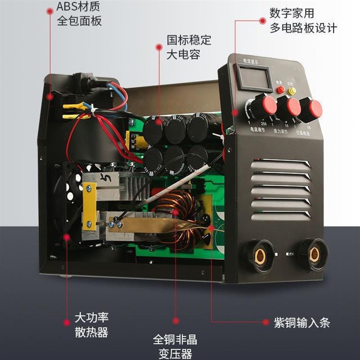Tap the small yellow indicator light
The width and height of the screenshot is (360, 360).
click(x=292, y=91)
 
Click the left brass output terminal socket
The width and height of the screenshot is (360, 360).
click(x=260, y=255)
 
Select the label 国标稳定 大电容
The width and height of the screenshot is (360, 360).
click(x=189, y=47)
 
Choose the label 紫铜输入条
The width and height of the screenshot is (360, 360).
click(x=302, y=323)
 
